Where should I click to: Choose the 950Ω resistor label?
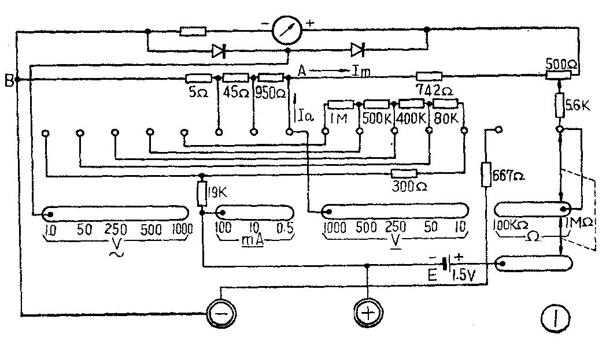(x=270, y=92)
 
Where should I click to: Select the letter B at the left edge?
(x=8, y=81)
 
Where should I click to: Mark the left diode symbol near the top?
(x=219, y=51)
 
